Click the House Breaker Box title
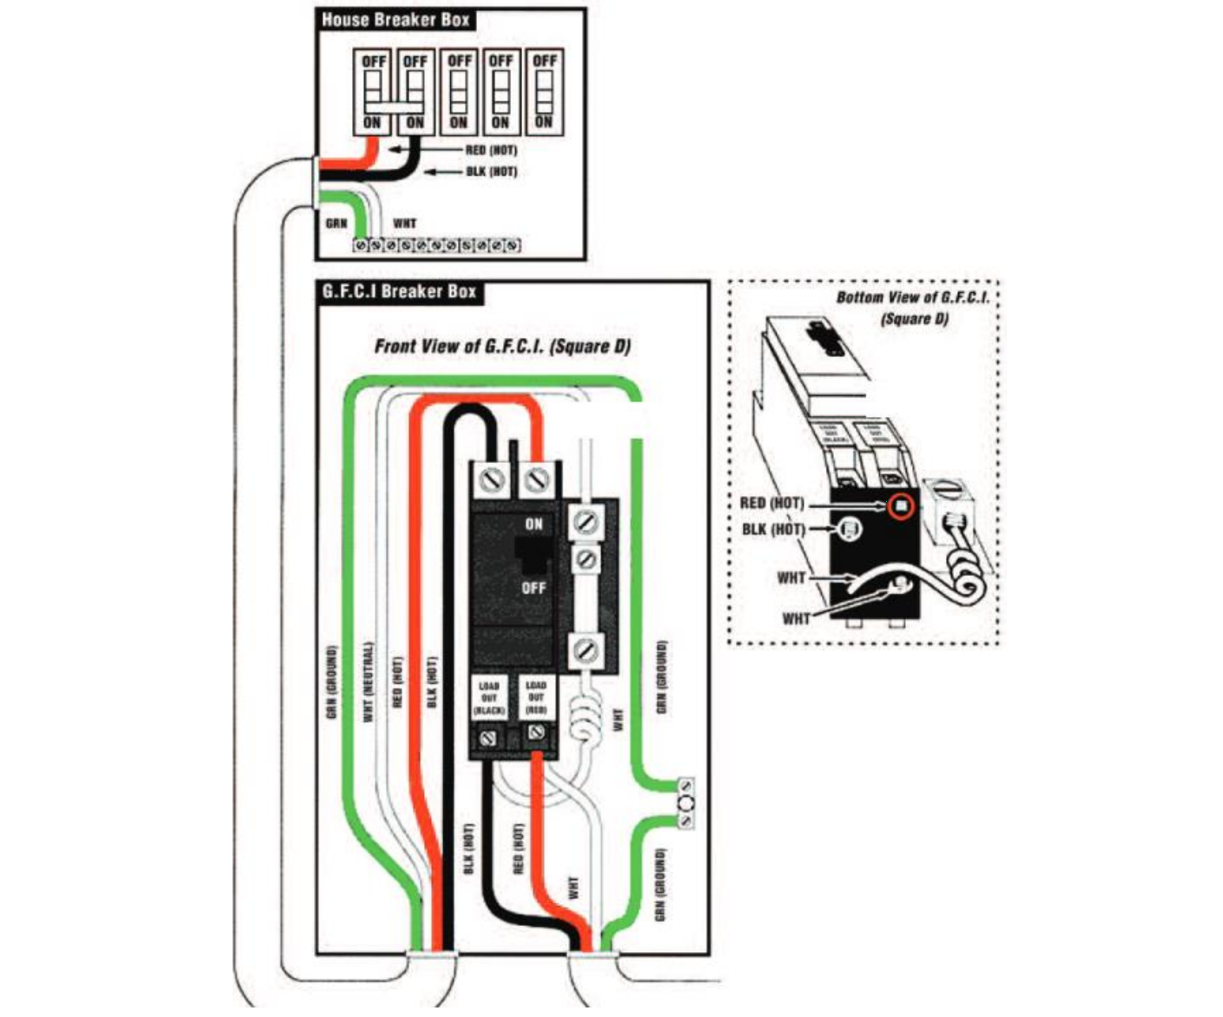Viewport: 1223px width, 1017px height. point(395,20)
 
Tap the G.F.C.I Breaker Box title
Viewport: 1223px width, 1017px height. point(399,291)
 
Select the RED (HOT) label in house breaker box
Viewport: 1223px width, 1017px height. point(490,150)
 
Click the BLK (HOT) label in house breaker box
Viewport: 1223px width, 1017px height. point(490,172)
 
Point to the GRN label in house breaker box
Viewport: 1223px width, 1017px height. point(336,224)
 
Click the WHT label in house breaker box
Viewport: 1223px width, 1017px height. point(404,224)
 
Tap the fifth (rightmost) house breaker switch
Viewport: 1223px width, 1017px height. point(543,91)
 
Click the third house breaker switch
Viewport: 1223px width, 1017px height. point(459,91)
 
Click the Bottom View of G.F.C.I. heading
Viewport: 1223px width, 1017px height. point(913,307)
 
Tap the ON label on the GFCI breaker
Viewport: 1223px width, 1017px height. point(534,524)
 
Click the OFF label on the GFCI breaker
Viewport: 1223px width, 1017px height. point(534,588)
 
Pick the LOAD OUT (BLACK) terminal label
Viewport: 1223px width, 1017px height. point(489,698)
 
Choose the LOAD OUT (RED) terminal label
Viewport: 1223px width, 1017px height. point(536,698)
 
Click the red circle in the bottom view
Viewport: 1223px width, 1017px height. point(900,505)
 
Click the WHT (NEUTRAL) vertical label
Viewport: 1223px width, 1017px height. point(367,681)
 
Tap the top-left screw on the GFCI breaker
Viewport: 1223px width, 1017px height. point(492,480)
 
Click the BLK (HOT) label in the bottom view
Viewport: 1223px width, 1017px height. point(773,529)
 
